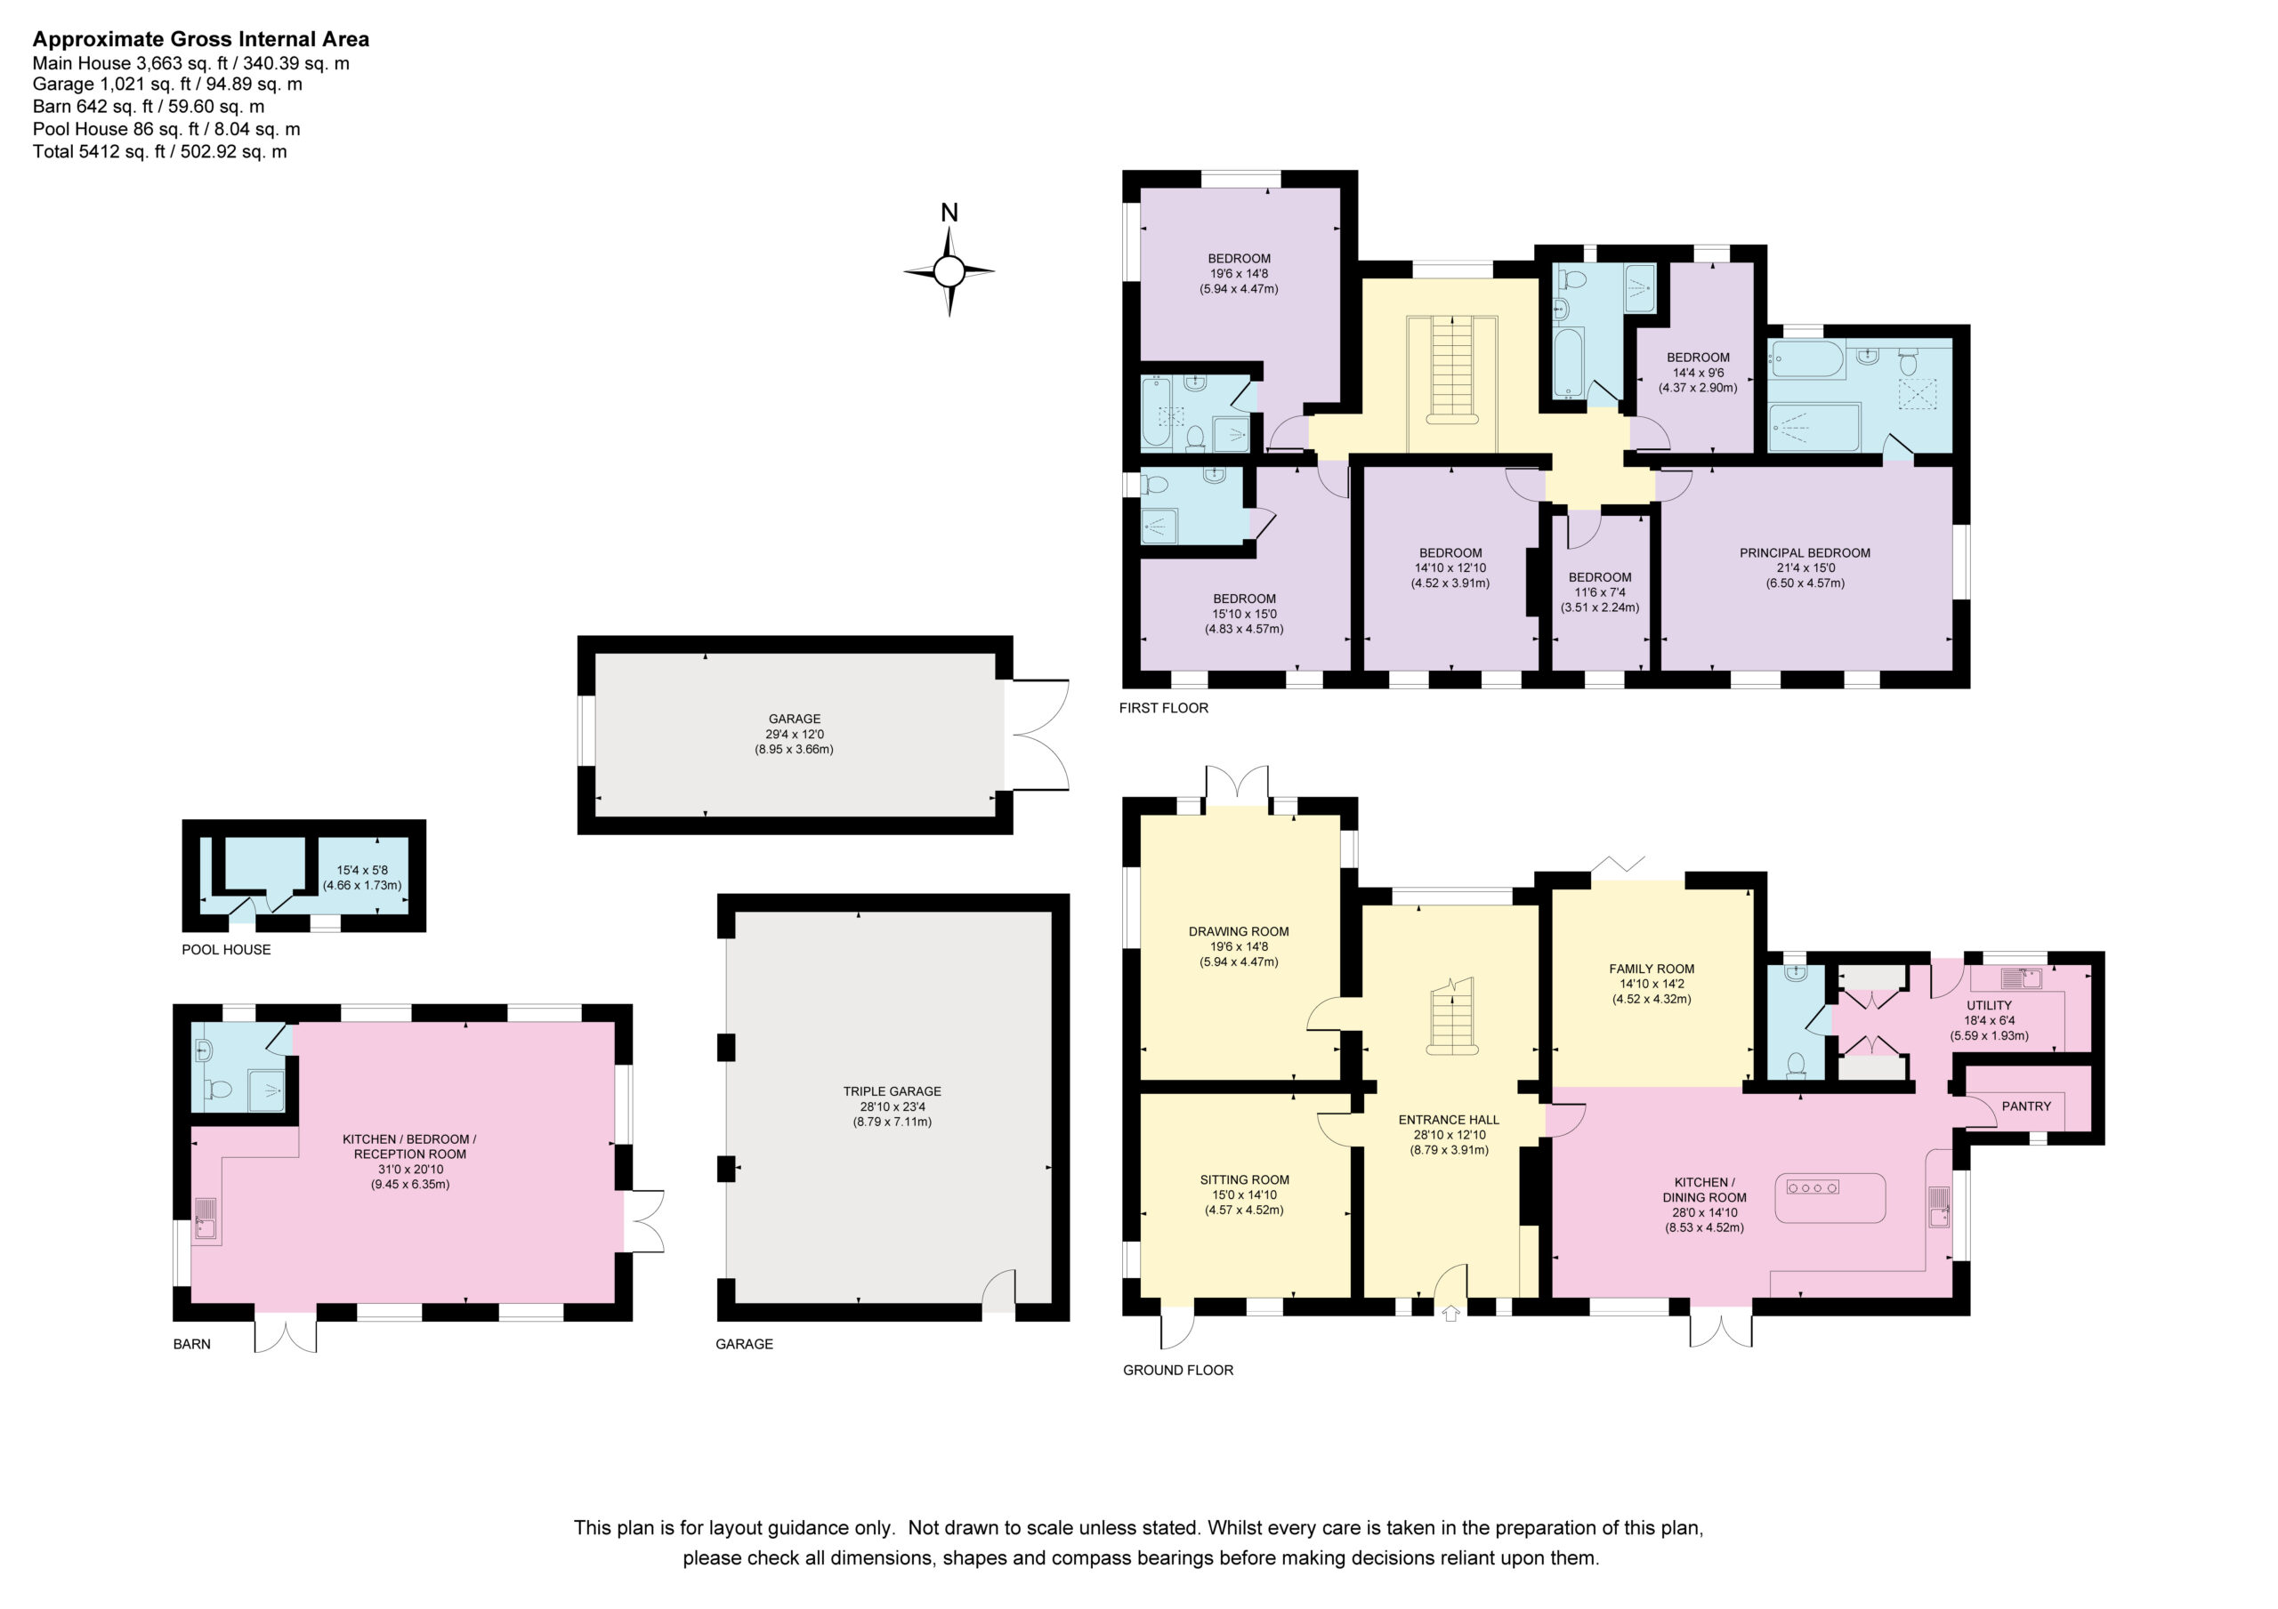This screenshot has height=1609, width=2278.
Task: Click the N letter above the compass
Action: point(949,213)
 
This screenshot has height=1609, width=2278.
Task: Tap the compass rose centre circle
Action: point(949,270)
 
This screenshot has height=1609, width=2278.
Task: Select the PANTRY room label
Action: point(2026,1106)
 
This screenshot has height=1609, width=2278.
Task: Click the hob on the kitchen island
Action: point(1813,1187)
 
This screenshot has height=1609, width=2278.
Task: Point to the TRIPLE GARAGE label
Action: point(892,1091)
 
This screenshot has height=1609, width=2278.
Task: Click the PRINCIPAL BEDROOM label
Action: point(1805,553)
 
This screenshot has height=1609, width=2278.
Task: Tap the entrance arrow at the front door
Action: point(1450,1313)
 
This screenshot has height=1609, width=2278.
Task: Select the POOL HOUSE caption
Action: point(226,949)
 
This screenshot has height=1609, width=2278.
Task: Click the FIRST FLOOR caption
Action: point(1164,708)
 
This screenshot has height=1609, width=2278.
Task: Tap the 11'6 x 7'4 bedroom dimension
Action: point(1600,592)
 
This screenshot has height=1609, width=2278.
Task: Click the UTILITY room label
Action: point(1990,1005)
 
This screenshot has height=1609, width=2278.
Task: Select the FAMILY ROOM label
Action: point(1652,969)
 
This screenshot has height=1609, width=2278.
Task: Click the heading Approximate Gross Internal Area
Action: point(201,40)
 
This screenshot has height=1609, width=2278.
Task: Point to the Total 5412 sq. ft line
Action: point(160,152)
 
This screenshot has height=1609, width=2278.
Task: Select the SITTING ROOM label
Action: point(1245,1179)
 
